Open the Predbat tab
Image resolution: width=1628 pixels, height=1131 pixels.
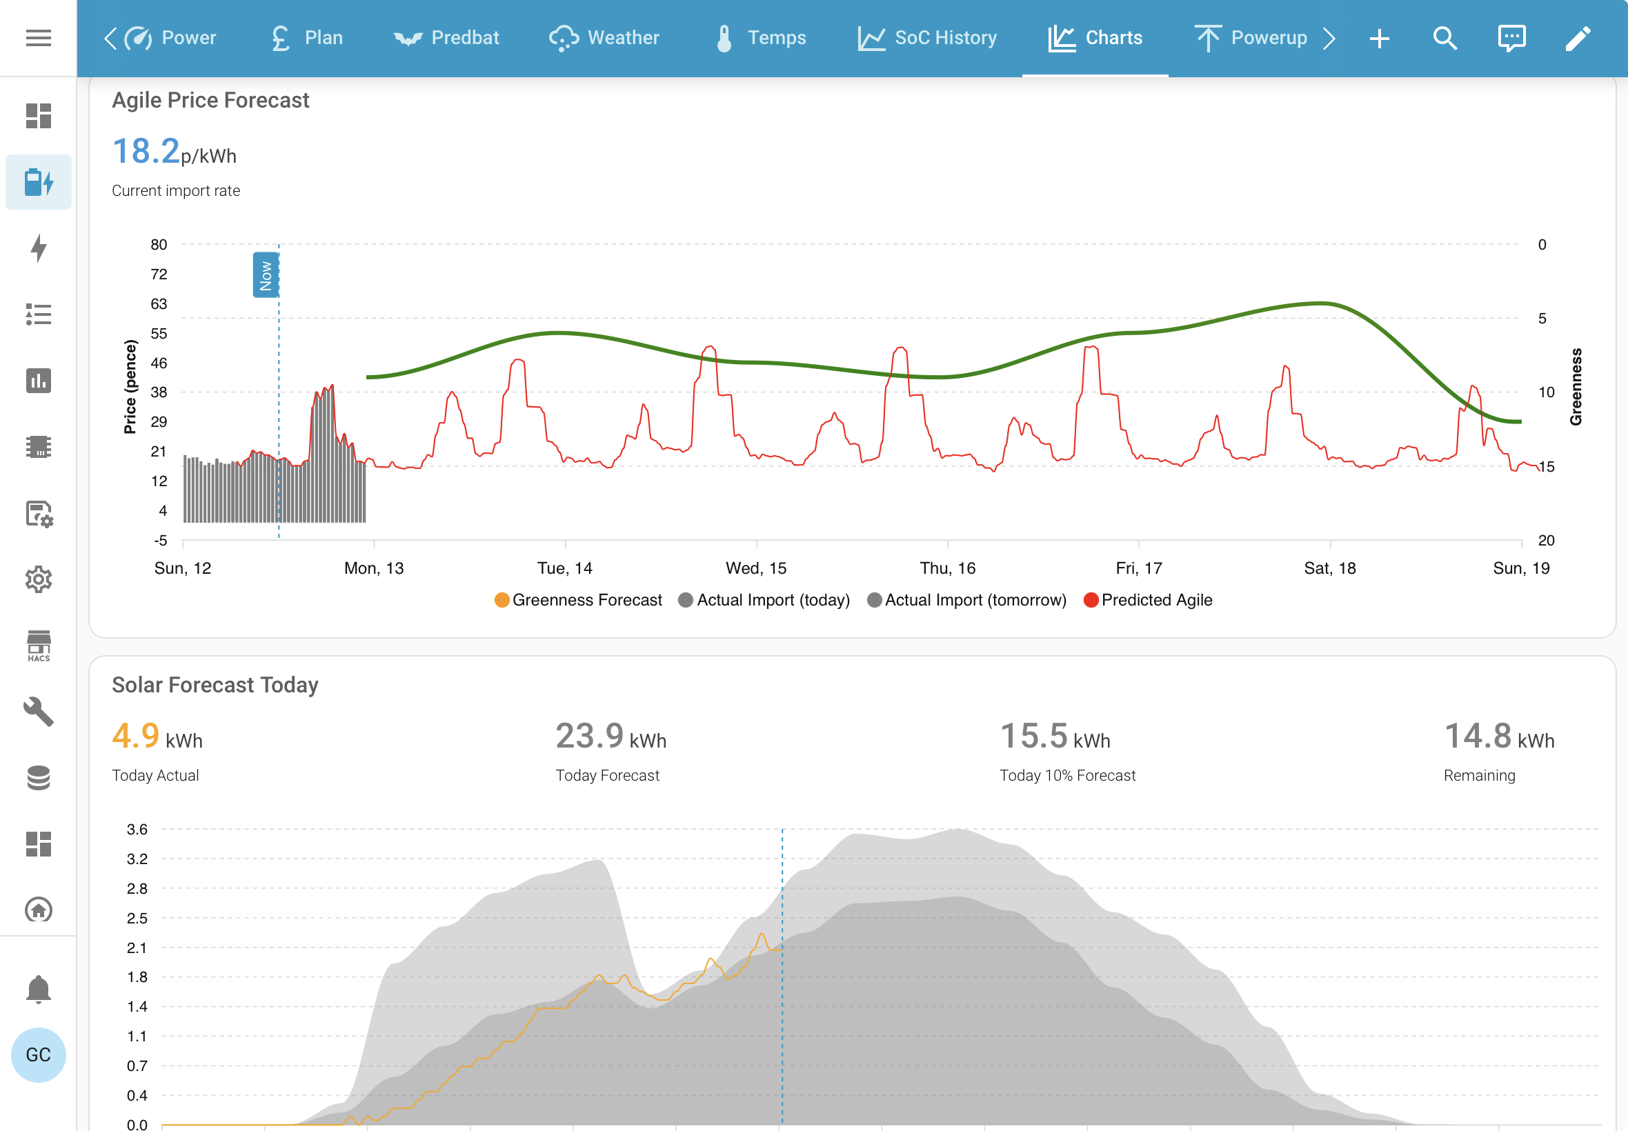point(446,37)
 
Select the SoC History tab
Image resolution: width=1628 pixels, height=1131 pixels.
point(927,37)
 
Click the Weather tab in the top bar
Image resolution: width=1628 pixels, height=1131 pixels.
point(604,37)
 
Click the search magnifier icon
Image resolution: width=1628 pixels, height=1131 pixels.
point(1445,38)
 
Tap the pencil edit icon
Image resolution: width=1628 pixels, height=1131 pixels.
point(1578,38)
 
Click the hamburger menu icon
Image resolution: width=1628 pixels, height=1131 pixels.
point(38,37)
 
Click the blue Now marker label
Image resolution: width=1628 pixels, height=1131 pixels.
point(266,275)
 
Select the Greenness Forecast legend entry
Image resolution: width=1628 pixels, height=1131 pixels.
point(578,600)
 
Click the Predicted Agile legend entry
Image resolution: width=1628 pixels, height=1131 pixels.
point(1148,600)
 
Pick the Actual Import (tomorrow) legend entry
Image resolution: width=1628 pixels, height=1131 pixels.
point(966,600)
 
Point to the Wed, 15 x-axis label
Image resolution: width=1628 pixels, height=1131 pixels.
point(756,568)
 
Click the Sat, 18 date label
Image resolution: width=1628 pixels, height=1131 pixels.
point(1329,568)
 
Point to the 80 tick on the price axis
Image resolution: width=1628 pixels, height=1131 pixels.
point(159,245)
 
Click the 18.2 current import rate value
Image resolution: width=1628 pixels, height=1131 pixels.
point(146,151)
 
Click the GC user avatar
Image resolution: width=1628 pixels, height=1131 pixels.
point(38,1054)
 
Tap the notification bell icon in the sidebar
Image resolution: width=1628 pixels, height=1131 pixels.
point(38,989)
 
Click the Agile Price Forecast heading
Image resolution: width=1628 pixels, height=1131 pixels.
point(210,101)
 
